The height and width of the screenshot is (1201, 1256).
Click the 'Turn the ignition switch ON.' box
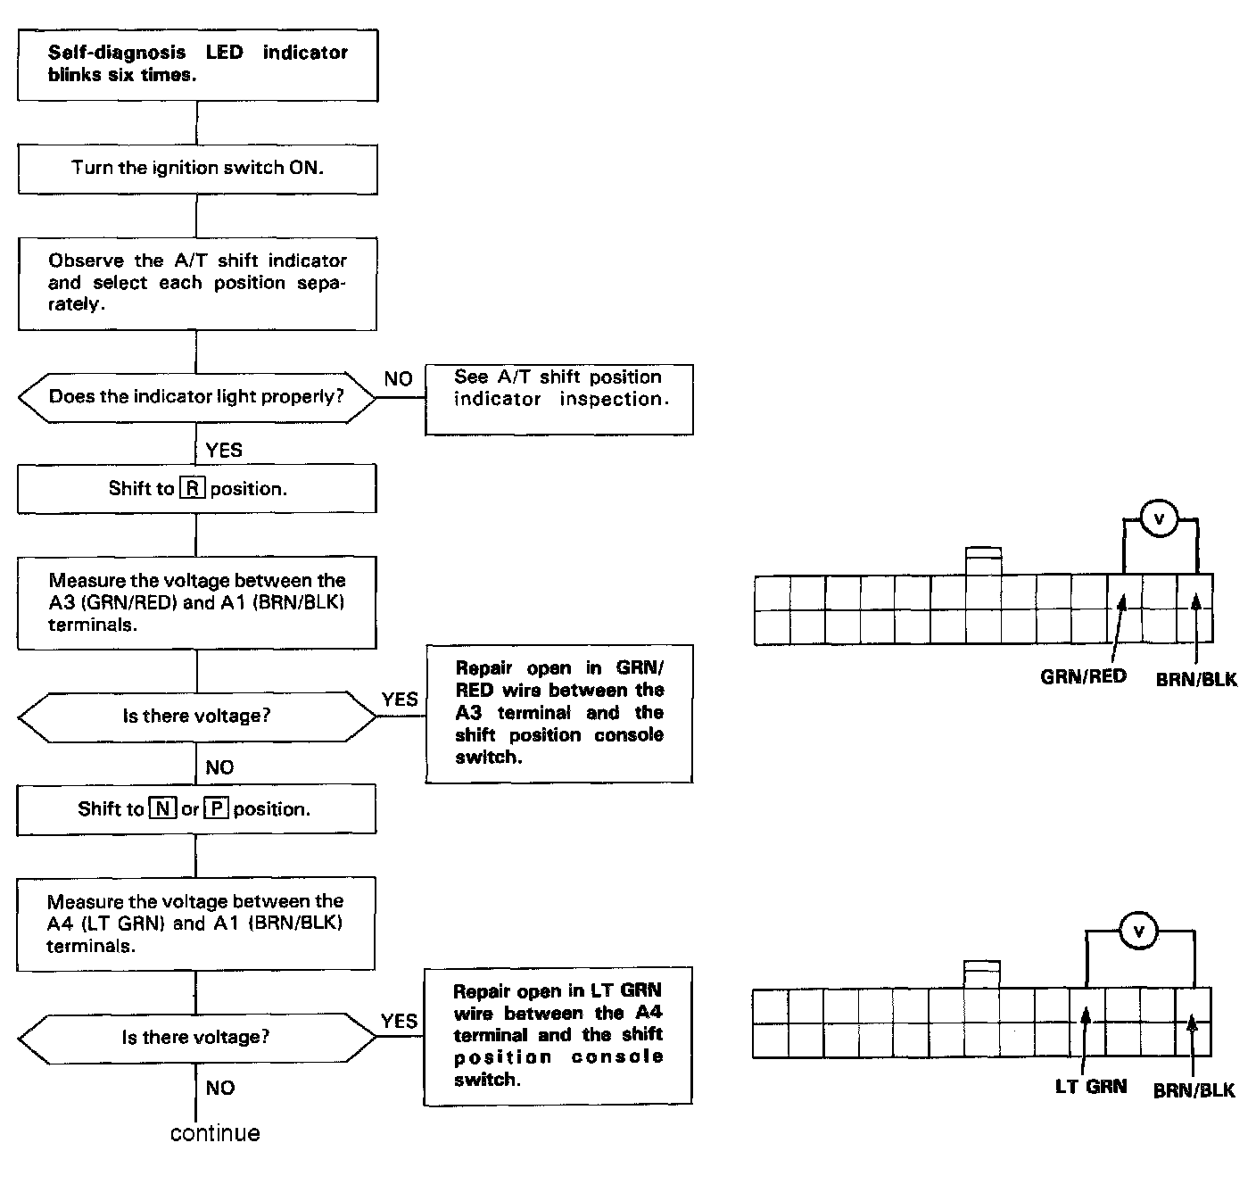(x=197, y=168)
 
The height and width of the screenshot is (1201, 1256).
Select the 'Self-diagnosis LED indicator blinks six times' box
(x=197, y=64)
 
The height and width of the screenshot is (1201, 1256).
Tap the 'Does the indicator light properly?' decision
(x=197, y=396)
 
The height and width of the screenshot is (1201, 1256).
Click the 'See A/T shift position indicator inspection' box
(x=559, y=399)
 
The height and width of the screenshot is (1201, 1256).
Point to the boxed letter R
(x=192, y=488)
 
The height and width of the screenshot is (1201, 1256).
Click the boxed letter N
(x=162, y=809)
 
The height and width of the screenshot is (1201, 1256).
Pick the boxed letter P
(x=217, y=809)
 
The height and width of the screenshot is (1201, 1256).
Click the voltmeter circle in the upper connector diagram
(x=1160, y=518)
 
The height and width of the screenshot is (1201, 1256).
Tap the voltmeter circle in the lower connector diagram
(x=1138, y=932)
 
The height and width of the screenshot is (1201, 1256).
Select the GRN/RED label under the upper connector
(x=1083, y=676)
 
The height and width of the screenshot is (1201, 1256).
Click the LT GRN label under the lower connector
(x=1090, y=1087)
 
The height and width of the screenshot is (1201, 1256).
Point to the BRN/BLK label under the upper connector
(x=1196, y=680)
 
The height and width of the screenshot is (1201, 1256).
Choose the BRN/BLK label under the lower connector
(x=1194, y=1090)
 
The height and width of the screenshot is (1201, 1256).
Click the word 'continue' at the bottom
(x=215, y=1133)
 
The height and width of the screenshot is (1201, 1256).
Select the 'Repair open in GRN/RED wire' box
(x=559, y=713)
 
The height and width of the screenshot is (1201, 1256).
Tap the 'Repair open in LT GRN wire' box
(x=558, y=1035)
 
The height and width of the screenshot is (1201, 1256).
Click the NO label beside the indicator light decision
(x=398, y=379)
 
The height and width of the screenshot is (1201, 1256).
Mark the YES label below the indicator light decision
(x=224, y=450)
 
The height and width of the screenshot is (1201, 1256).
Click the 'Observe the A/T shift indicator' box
(x=197, y=283)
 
